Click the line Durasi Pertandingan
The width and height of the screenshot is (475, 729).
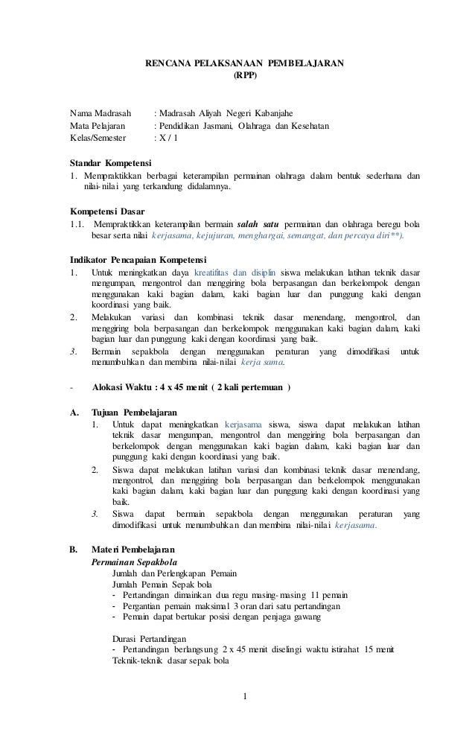coord(149,639)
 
